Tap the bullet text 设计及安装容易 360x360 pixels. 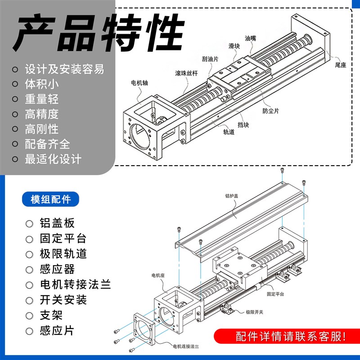[x=64, y=69]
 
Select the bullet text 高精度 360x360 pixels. [x=42, y=114]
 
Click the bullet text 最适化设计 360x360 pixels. [x=53, y=159]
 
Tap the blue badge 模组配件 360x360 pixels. [x=50, y=199]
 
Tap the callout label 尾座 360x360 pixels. [x=340, y=65]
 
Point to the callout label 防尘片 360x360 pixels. [x=270, y=111]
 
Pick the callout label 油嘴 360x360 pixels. [x=250, y=39]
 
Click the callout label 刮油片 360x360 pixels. [x=210, y=59]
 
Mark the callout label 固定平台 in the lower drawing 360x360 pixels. [x=275, y=294]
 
